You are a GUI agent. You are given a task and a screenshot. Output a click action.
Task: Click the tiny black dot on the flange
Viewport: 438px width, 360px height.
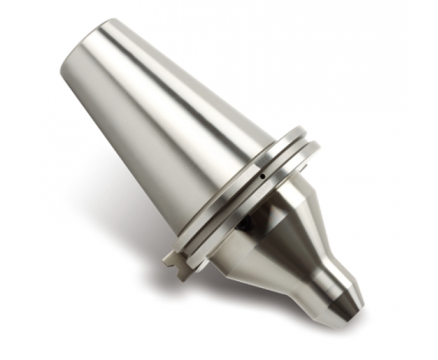[262, 177]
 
